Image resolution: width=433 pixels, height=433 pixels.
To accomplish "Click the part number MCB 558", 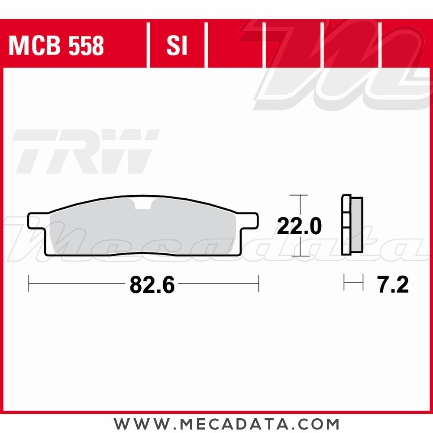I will tap(56, 46).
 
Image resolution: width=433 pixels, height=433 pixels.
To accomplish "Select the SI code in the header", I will tap(177, 46).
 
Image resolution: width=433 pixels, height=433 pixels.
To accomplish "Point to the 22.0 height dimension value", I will tap(299, 226).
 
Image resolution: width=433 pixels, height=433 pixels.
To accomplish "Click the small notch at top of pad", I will tap(143, 204).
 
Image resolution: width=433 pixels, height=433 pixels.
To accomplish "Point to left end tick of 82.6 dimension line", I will tap(29, 283).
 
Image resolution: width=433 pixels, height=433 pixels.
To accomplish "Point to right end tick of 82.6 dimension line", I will tap(259, 283).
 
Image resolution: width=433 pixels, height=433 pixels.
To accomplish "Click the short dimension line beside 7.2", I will tap(353, 283).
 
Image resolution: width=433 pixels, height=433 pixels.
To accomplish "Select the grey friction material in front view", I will tap(143, 229).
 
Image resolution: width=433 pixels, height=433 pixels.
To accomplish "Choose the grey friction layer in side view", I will tap(357, 225).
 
